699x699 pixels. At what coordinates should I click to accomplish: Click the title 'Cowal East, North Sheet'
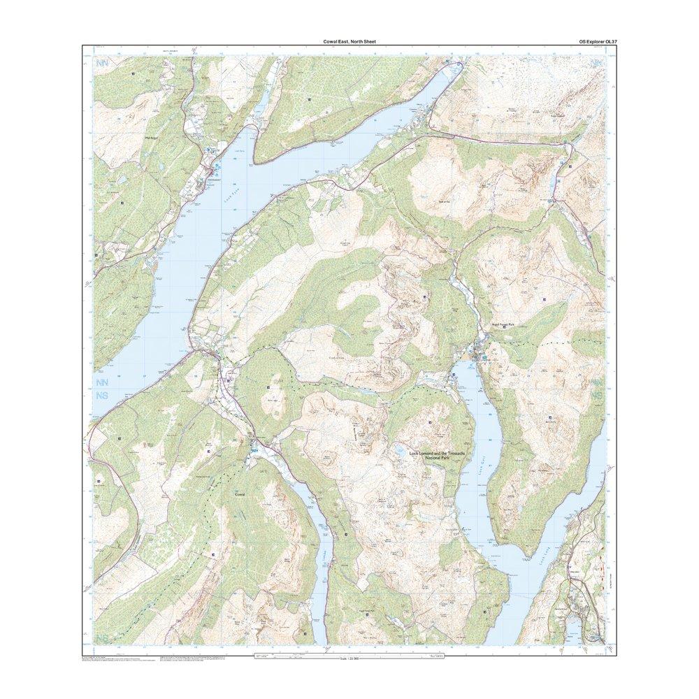point(349,42)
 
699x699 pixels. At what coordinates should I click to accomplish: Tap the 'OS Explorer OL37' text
point(593,42)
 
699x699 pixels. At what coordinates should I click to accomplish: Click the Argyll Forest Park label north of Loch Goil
point(501,325)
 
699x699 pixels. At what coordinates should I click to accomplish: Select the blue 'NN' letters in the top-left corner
point(102,64)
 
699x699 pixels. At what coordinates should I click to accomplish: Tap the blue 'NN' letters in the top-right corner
point(596,64)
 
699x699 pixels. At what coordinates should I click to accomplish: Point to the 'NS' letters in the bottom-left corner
point(102,638)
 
